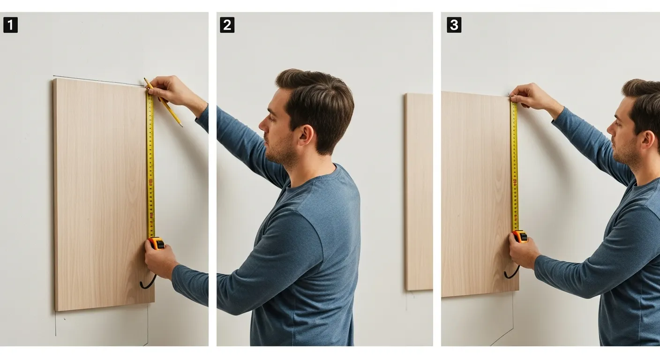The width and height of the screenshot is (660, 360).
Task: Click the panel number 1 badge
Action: pyautogui.click(x=10, y=25)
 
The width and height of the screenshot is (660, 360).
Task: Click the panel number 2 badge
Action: pyautogui.click(x=227, y=25)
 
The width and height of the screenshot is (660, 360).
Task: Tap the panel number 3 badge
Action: pyautogui.click(x=454, y=25)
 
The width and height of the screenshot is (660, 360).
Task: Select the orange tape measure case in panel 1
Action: pyautogui.click(x=157, y=243)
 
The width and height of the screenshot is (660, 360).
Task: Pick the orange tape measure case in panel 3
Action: pyautogui.click(x=520, y=236)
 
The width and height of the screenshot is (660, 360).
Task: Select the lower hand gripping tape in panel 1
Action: pyautogui.click(x=159, y=261)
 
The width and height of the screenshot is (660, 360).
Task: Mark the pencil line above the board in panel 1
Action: pyautogui.click(x=94, y=80)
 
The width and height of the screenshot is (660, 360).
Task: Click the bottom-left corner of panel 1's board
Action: pyautogui.click(x=56, y=309)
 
